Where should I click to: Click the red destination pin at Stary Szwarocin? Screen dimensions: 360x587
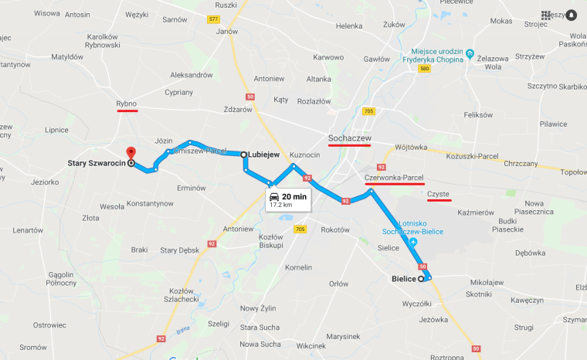click(x=131, y=153)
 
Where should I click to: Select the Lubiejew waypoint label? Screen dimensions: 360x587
click(x=263, y=155)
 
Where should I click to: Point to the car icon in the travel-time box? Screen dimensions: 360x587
click(x=274, y=197)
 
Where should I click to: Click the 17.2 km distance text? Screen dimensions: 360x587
click(x=281, y=205)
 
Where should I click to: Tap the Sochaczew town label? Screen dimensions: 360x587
click(x=349, y=138)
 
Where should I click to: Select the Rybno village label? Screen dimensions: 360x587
click(x=127, y=103)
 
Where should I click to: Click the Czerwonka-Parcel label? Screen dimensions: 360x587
click(x=394, y=178)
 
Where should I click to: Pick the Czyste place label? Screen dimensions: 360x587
click(x=439, y=194)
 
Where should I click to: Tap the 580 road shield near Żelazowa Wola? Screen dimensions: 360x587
click(x=424, y=69)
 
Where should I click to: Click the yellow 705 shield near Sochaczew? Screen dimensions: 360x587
click(x=368, y=111)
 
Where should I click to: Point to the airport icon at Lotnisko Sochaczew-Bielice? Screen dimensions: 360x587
click(x=412, y=243)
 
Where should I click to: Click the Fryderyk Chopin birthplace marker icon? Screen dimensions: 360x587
click(x=470, y=54)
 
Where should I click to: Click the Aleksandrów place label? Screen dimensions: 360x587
click(x=191, y=75)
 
